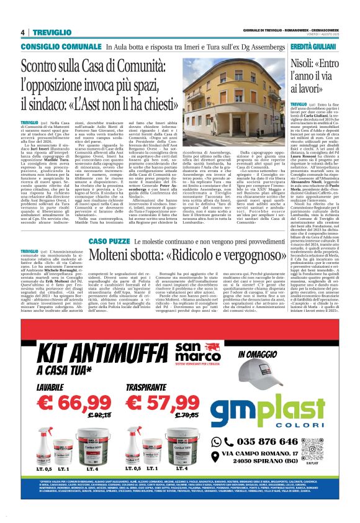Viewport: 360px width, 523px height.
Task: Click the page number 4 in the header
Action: coord(22,32)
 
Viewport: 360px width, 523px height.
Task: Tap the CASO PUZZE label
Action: coord(109,222)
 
